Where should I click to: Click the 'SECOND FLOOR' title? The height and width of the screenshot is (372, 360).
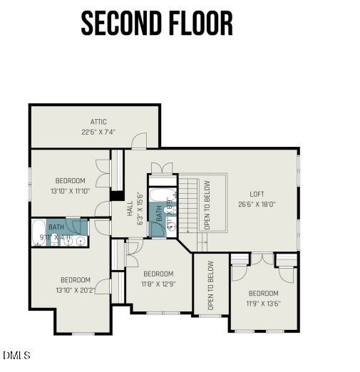[157, 24]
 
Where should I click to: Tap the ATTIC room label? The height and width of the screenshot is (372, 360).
[99, 122]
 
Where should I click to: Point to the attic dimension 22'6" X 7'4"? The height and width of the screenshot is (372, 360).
[99, 132]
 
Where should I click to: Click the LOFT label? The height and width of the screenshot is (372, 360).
[257, 194]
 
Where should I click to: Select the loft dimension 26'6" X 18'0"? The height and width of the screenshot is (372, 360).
[257, 204]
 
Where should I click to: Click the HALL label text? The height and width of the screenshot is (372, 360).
[130, 208]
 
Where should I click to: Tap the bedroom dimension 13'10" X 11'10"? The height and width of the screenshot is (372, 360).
[71, 191]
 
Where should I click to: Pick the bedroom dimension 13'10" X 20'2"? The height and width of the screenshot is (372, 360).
[75, 290]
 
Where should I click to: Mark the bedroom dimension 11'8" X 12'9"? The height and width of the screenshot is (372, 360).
[158, 284]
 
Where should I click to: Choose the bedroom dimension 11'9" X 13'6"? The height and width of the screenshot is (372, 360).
[263, 304]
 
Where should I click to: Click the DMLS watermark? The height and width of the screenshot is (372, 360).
[16, 355]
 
